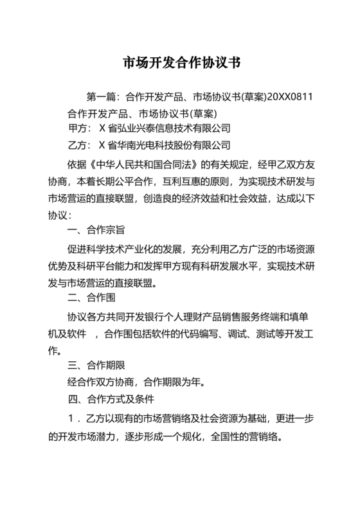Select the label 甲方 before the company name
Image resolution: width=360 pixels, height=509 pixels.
point(77,129)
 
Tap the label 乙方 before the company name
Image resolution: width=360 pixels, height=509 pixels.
point(77,144)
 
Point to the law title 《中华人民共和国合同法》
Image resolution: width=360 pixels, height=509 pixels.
point(154,165)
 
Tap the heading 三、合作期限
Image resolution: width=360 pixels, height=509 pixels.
point(97,366)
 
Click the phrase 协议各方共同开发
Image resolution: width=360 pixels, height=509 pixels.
point(107,317)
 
